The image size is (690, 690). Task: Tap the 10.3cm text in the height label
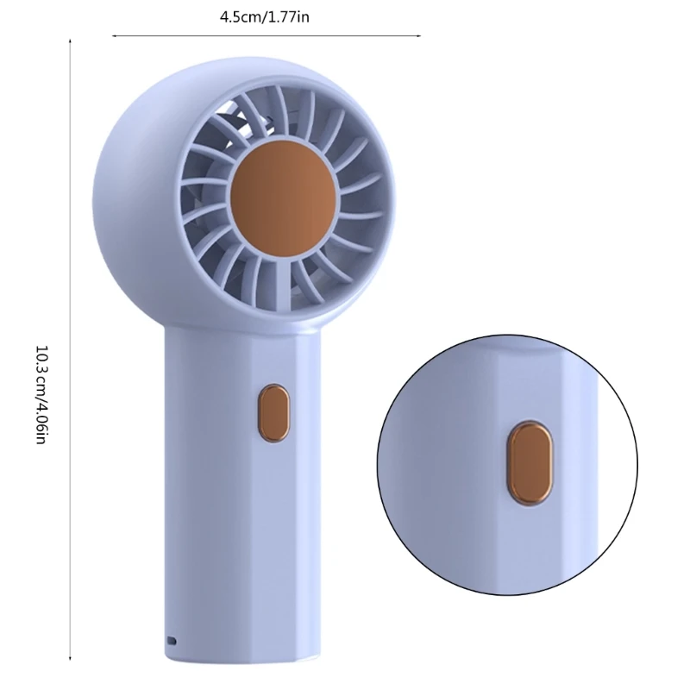[x=41, y=370]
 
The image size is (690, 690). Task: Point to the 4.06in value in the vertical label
[x=41, y=419]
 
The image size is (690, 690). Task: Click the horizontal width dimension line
[x=267, y=36]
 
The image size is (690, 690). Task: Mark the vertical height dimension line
[x=70, y=345]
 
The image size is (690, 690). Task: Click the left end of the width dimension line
[x=114, y=36]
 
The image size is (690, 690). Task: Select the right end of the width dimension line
[x=420, y=36]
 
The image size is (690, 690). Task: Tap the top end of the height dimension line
[x=70, y=39]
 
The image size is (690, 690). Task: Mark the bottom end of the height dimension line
[x=70, y=653]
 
